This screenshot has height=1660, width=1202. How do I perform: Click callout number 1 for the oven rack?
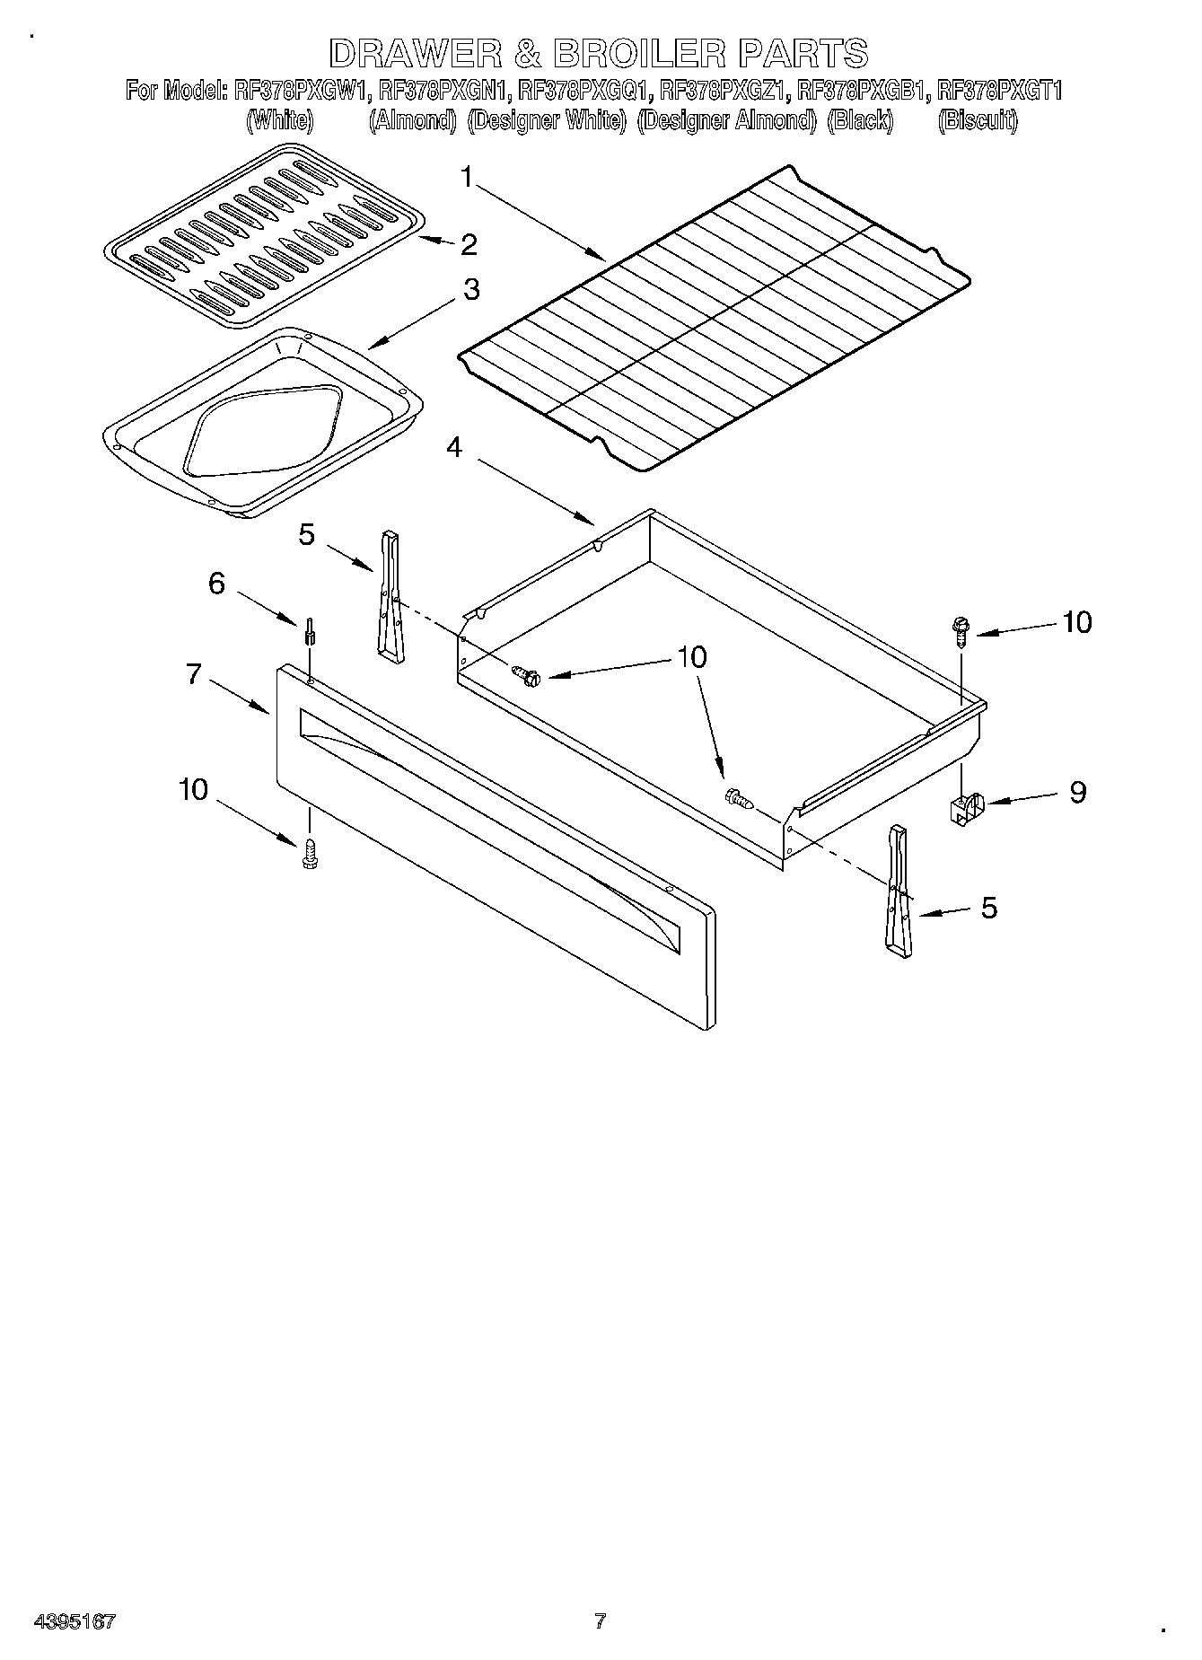tap(466, 177)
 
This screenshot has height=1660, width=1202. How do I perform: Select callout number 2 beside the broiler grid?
tap(468, 244)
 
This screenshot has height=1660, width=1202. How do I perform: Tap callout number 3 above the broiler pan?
tap(470, 290)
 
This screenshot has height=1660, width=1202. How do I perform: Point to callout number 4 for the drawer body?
tap(455, 446)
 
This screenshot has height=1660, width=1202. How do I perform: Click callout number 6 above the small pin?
tap(216, 583)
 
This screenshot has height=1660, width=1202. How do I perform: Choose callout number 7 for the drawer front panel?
tap(194, 673)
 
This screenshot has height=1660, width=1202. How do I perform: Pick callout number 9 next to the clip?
tap(1077, 791)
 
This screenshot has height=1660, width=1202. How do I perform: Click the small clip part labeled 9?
tap(965, 806)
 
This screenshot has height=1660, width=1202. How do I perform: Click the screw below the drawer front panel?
tap(311, 851)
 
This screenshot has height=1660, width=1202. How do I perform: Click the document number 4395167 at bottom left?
tap(75, 1620)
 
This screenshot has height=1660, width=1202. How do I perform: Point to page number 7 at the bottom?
tap(600, 1620)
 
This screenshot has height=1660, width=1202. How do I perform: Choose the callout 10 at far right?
tap(1076, 622)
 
